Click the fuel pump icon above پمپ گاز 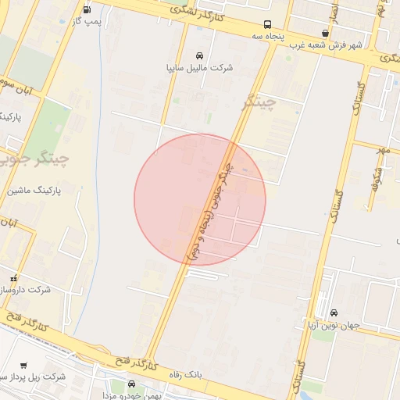[85, 9]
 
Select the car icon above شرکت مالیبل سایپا [200, 55]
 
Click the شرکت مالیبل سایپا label [200, 68]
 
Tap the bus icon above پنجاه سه [268, 24]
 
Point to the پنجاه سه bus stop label [268, 36]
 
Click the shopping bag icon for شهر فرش [325, 33]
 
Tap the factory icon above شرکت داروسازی [12, 278]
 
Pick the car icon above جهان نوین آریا [334, 313]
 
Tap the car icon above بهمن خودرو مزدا [130, 384]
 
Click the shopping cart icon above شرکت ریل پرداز [23, 365]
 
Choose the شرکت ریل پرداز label [34, 377]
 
